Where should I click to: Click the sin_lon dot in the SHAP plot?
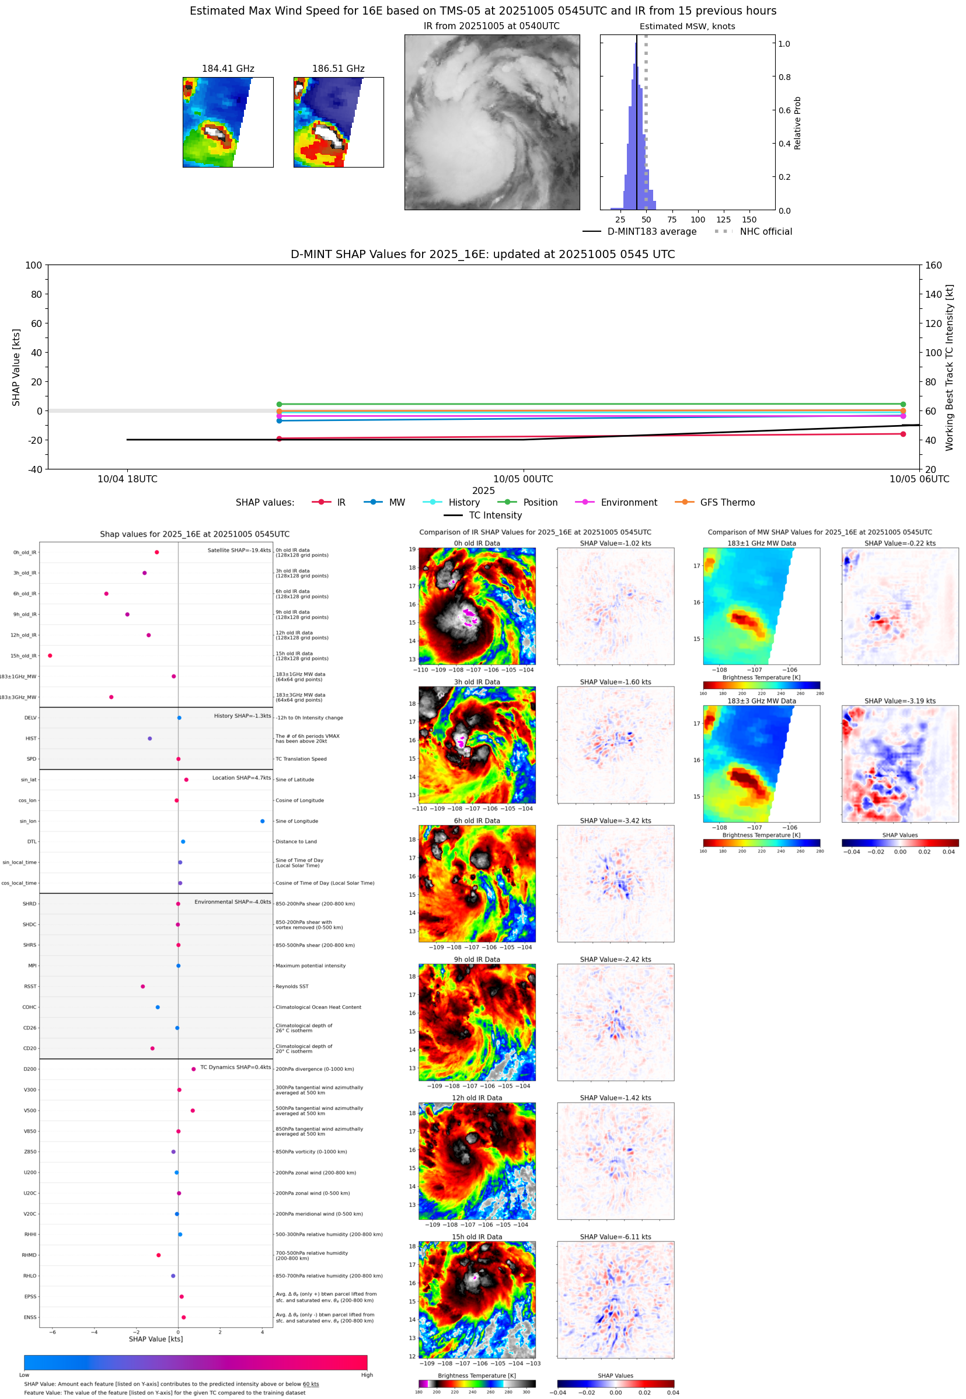click(262, 821)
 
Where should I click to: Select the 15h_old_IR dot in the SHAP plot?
click(50, 656)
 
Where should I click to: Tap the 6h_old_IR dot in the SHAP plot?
click(107, 593)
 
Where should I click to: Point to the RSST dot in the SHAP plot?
click(143, 986)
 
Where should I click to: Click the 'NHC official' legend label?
click(766, 231)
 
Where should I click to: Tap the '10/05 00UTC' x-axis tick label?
click(523, 479)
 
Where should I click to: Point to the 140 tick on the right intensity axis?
click(933, 294)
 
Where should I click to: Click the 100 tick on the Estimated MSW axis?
click(698, 220)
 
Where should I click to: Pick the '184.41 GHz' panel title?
click(228, 69)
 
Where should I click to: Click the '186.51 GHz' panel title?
click(339, 69)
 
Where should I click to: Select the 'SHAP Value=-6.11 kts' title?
click(616, 1237)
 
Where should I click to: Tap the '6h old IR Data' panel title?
click(477, 821)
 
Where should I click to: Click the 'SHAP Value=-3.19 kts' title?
click(900, 701)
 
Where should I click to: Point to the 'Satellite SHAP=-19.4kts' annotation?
click(239, 550)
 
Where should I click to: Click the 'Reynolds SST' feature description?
click(292, 986)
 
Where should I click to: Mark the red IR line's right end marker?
click(902, 434)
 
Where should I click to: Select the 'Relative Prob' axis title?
click(797, 123)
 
